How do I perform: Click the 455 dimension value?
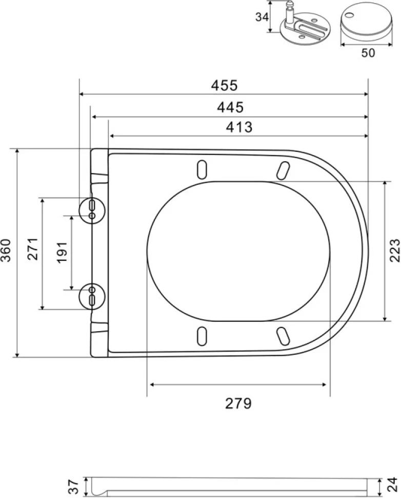coord(224,85)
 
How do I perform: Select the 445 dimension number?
coord(230,107)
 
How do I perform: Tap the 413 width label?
coord(239,127)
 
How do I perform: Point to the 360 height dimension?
coord(6,250)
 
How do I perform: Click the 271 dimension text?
coord(33,249)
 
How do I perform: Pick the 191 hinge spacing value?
coord(62,252)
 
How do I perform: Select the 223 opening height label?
coord(394,250)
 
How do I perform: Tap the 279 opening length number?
coord(238,404)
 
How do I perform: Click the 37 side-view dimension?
coord(74,487)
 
